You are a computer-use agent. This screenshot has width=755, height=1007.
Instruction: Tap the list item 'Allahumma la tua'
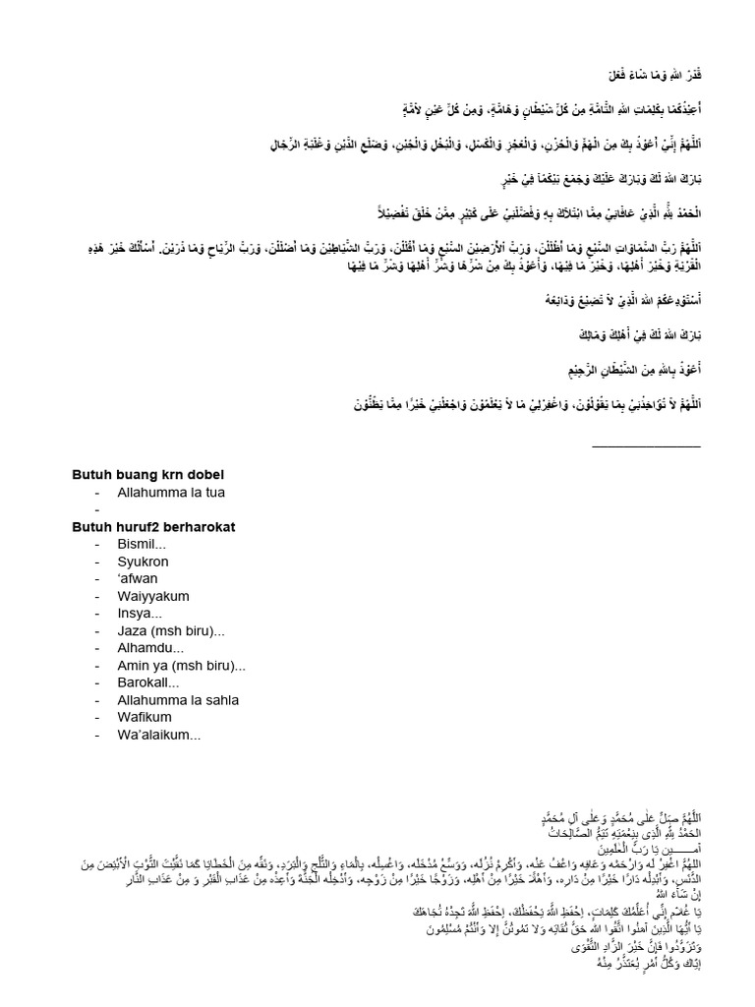point(177,492)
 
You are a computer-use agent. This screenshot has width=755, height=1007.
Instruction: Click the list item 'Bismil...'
point(142,545)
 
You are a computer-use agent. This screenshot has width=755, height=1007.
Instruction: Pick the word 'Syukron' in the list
point(143,562)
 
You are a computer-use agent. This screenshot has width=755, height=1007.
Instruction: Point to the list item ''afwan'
point(137,579)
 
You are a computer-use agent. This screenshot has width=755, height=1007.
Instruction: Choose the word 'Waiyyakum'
point(152,596)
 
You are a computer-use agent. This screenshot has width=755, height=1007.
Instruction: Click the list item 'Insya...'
point(140,614)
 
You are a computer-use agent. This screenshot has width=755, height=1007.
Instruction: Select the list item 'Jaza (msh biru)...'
point(170,631)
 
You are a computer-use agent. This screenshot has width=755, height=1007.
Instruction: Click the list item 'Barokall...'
point(148,682)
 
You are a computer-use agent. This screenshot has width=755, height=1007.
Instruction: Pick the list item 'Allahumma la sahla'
point(178,700)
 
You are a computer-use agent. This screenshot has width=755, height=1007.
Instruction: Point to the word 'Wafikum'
point(145,718)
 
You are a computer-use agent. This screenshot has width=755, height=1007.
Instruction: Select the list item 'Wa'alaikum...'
point(159,735)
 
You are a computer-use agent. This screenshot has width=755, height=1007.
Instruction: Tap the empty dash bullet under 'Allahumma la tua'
point(97,509)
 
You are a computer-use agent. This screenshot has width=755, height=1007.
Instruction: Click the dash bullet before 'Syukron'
point(97,562)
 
